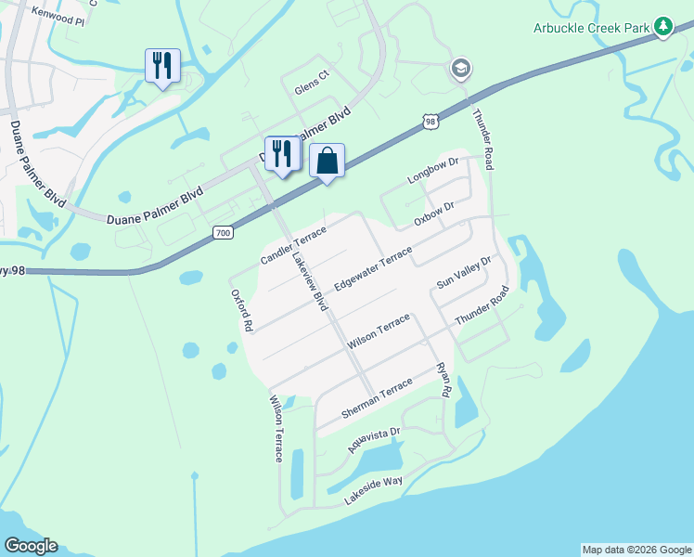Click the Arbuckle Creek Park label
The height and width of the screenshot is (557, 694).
click(590, 28)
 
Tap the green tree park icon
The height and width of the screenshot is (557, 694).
click(662, 27)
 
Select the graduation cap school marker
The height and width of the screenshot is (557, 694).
click(460, 68)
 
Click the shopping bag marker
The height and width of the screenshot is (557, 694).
click(327, 161)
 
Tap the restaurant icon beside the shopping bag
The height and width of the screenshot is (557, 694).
click(280, 153)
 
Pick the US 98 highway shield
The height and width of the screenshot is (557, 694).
click(428, 122)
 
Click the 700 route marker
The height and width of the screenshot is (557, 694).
click(222, 232)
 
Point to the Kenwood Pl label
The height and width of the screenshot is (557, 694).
click(58, 19)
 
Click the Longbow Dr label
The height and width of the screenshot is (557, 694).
click(433, 171)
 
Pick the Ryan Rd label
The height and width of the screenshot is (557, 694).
click(443, 381)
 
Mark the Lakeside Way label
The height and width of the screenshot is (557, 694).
click(373, 488)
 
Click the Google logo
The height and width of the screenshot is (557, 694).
click(30, 546)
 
